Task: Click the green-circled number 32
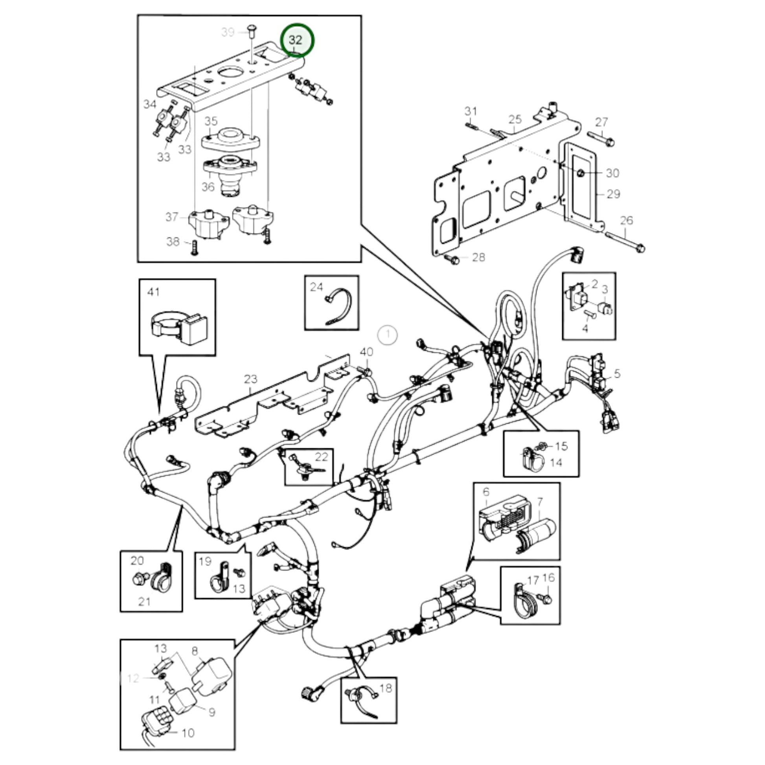296,40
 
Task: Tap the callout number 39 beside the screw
228,32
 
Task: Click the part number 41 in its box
153,292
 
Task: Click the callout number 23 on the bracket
250,379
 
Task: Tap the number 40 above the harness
366,351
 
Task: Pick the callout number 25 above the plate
515,119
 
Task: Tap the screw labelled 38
194,248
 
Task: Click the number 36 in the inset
208,186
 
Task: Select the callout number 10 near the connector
188,733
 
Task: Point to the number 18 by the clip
385,688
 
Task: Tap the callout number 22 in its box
321,457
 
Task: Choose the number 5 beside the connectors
617,374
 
